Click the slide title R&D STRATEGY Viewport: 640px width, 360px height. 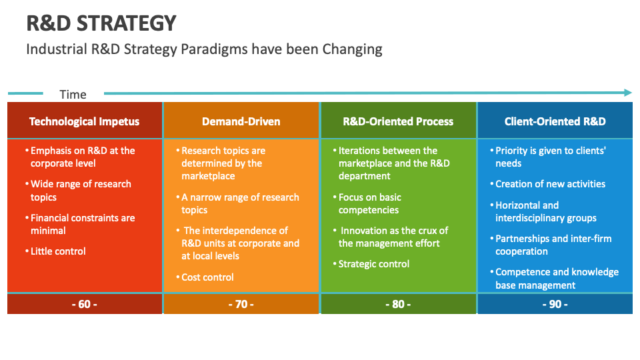pyautogui.click(x=101, y=23)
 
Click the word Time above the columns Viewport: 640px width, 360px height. pyautogui.click(x=73, y=94)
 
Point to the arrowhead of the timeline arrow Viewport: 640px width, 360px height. pyautogui.click(x=627, y=93)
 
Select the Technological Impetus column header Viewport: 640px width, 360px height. pyautogui.click(x=85, y=121)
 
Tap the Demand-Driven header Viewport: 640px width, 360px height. pyautogui.click(x=241, y=121)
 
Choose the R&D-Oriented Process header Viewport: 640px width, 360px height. pyautogui.click(x=398, y=121)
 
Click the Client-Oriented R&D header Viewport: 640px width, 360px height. pyautogui.click(x=555, y=121)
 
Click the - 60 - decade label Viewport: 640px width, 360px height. pyautogui.click(x=85, y=304)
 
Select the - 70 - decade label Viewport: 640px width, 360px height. pyautogui.click(x=241, y=304)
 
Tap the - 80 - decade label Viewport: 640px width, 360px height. pyautogui.click(x=398, y=304)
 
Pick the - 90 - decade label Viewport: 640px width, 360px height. pyautogui.click(x=555, y=304)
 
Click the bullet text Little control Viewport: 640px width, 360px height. pyautogui.click(x=58, y=251)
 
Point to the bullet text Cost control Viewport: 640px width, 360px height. pyautogui.click(x=207, y=277)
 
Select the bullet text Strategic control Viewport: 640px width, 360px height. pyautogui.click(x=373, y=264)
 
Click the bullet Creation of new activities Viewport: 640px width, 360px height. pyautogui.click(x=550, y=184)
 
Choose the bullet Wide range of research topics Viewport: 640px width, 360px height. pyautogui.click(x=81, y=191)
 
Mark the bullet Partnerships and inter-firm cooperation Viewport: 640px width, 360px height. pyautogui.click(x=553, y=245)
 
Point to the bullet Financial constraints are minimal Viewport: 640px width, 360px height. pyautogui.click(x=82, y=224)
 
